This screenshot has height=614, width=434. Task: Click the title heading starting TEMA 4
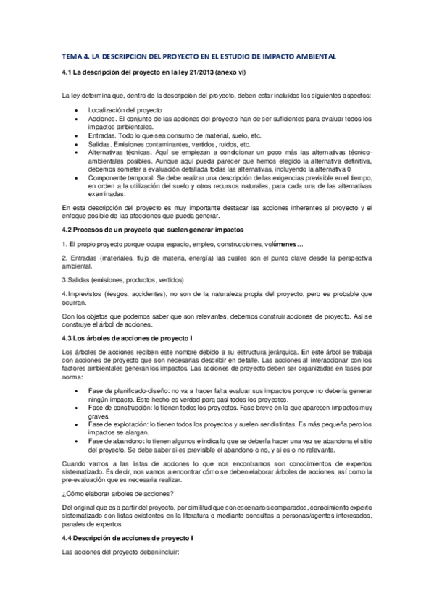199,56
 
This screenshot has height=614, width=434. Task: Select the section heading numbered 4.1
145,73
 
